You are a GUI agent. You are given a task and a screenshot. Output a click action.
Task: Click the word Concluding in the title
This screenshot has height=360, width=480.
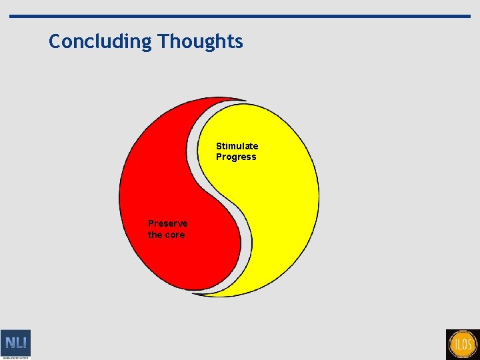coord(101,41)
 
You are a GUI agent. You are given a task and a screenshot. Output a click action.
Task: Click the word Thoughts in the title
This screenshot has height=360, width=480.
coord(201,41)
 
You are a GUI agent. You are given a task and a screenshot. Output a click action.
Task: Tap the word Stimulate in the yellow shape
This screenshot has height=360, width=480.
coord(237,146)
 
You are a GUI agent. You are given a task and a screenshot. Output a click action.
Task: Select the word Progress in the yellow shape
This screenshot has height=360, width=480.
coord(235,157)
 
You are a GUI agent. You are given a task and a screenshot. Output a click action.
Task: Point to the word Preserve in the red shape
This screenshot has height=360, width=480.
coord(167,223)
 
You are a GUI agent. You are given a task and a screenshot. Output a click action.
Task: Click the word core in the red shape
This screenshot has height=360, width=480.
coord(175,235)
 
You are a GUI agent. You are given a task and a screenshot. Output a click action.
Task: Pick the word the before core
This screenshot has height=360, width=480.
coord(155,235)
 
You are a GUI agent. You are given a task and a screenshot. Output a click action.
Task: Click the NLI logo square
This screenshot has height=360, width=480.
coord(15,343)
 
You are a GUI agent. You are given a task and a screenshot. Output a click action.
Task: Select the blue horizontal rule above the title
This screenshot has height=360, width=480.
coord(253,16)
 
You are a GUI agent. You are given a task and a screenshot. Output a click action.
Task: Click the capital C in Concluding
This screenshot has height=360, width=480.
coord(55,41)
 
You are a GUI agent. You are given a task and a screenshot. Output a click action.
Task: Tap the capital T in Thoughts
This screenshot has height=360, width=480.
coord(163,41)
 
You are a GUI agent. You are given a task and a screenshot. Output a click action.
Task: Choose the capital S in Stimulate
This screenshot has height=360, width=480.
coord(219,146)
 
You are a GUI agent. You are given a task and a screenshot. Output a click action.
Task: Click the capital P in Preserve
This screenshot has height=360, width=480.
coord(151,223)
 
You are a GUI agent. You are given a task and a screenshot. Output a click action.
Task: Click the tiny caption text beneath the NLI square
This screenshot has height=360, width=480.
coord(15,358)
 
